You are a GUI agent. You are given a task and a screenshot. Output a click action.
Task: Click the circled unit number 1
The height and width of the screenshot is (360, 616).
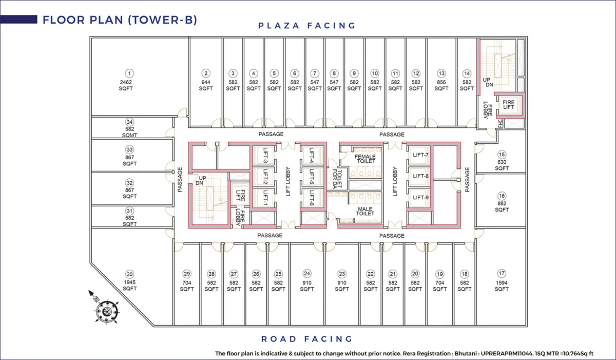click(x=129, y=73)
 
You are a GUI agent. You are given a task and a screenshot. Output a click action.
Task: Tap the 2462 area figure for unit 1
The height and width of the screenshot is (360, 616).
click(x=126, y=82)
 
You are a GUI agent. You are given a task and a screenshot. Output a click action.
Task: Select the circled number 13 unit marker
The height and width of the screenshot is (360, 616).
click(x=441, y=73)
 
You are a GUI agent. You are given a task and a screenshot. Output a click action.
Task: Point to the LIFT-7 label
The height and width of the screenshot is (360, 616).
click(x=420, y=155)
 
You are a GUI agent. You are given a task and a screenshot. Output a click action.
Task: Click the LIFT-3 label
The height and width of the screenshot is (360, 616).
click(x=266, y=156)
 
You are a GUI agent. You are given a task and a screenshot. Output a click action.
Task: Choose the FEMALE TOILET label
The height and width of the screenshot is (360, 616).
click(x=365, y=159)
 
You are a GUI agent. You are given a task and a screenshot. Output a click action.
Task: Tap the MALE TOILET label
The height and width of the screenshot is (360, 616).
click(x=365, y=211)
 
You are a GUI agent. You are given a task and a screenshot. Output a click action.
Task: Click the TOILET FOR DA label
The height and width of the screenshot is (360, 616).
click(x=337, y=179)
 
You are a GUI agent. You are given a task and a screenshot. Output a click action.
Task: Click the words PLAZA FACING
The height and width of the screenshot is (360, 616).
click(x=307, y=26)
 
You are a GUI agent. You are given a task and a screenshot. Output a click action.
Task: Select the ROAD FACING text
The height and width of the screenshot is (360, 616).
click(x=306, y=339)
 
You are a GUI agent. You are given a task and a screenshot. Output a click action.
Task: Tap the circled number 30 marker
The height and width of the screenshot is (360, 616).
click(x=129, y=274)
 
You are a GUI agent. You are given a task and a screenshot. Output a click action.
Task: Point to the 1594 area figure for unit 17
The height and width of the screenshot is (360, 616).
click(x=502, y=283)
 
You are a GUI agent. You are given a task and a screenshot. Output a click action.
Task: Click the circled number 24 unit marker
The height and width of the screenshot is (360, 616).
click(x=306, y=274)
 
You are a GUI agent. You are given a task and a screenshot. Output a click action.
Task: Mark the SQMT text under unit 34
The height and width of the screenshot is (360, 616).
click(x=129, y=135)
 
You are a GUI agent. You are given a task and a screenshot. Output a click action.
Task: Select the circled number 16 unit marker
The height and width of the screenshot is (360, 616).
click(x=502, y=196)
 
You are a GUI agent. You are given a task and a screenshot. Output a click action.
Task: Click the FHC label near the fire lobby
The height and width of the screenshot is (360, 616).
click(x=500, y=123)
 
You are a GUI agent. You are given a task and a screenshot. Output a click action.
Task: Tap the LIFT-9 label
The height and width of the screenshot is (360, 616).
click(x=420, y=198)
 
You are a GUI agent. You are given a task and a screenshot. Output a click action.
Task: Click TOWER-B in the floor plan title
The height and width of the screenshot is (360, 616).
click(x=163, y=20)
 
